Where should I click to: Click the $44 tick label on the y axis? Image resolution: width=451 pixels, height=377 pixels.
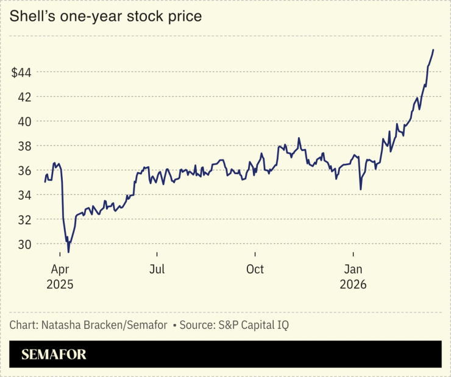click(x=21, y=72)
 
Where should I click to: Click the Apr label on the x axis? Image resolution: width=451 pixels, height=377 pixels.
click(x=59, y=269)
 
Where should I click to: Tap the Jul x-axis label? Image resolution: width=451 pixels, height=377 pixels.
click(x=157, y=269)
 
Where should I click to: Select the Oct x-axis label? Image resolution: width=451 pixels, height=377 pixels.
click(x=255, y=269)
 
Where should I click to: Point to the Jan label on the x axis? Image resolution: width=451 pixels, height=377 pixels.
click(x=353, y=269)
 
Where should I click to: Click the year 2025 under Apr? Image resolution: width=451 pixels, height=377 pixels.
click(x=59, y=284)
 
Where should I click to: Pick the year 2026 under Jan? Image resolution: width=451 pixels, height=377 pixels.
click(x=353, y=284)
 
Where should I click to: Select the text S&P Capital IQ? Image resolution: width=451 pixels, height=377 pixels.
click(x=252, y=325)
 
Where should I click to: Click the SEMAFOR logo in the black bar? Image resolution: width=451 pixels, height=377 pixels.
click(x=54, y=354)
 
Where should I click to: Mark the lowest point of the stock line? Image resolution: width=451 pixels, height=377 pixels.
click(x=68, y=252)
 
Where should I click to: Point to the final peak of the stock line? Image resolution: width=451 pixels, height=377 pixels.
click(x=433, y=50)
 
